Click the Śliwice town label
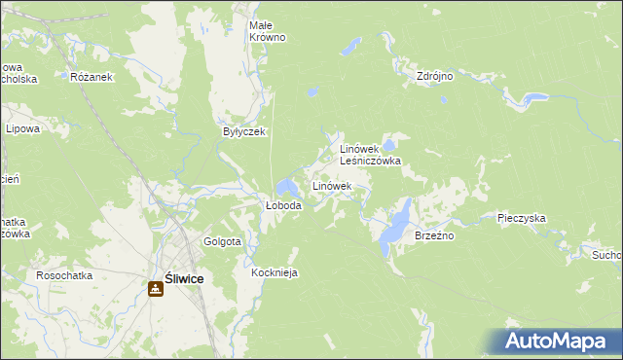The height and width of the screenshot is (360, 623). pos(184,278)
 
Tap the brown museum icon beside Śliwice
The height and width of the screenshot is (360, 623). pos(156,288)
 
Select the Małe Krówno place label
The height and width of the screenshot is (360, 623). pos(267,30)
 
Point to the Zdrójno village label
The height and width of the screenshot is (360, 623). pos(434,76)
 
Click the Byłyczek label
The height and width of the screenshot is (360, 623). pos(243,131)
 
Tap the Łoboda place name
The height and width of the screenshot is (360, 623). pos(283,206)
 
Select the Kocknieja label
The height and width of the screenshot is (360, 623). pos(274,273)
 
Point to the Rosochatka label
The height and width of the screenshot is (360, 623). pos(64,275)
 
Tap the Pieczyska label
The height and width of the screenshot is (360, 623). pos(521,219)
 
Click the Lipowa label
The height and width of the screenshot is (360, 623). pos(21,128)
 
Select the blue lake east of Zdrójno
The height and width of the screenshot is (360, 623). pos(532,98)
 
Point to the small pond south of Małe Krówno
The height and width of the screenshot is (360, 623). pos(311,93)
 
